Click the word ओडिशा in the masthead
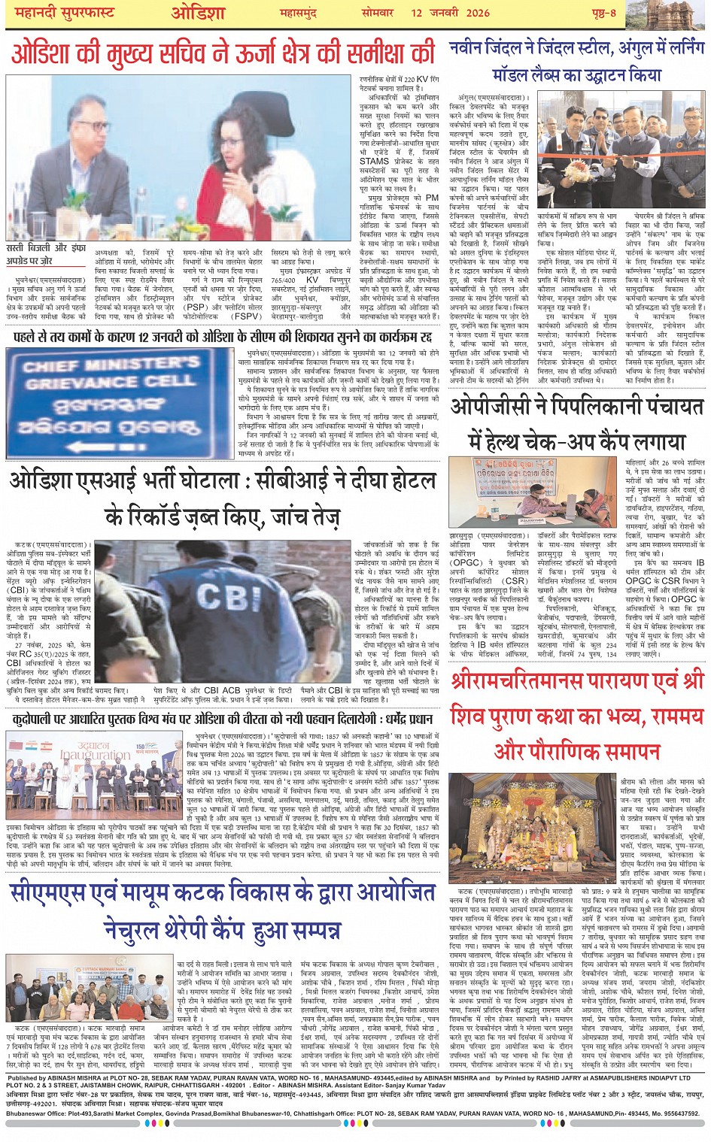tap(198, 14)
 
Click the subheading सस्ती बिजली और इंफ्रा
tap(46, 247)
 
